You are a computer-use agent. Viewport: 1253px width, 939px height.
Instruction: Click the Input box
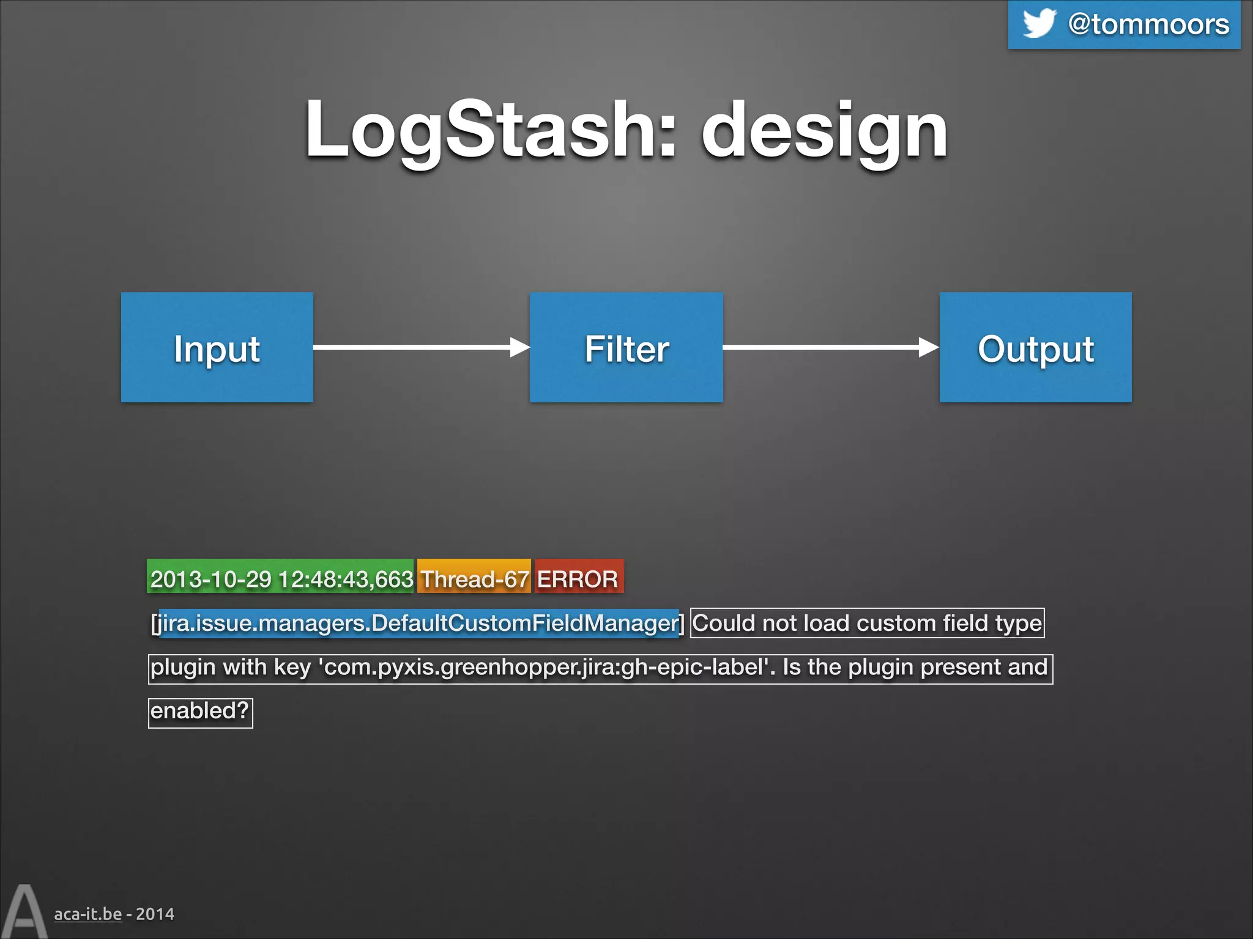tap(217, 347)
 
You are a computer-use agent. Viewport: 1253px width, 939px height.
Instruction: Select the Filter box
tap(626, 347)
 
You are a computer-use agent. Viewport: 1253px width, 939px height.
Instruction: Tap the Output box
tap(1035, 347)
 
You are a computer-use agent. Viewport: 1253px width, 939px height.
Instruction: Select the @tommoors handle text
tap(1148, 24)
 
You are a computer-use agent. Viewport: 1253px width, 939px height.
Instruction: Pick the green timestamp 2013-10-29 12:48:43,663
tap(281, 578)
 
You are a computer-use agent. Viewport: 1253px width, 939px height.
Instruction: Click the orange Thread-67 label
tap(474, 578)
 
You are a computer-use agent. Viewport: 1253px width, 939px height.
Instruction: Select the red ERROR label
tap(578, 578)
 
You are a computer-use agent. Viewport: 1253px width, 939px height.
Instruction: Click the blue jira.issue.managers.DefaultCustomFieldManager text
tap(419, 623)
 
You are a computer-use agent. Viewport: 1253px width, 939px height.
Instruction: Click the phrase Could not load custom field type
tap(867, 623)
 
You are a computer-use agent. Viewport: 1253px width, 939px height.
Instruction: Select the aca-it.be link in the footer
tap(87, 914)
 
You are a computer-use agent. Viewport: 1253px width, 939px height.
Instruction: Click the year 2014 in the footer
tap(155, 914)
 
